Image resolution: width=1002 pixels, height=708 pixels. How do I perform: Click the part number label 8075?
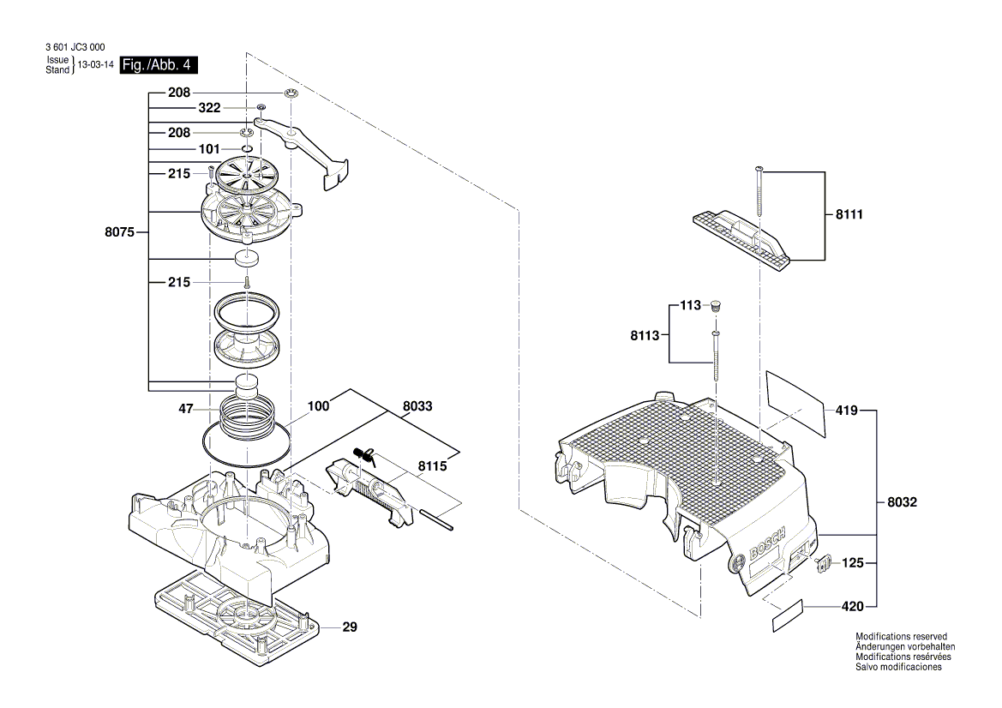coord(119,231)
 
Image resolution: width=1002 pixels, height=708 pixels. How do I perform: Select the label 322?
coord(209,108)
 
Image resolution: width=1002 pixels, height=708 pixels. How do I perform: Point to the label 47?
coord(185,411)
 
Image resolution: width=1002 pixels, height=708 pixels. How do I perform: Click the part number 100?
coord(318,405)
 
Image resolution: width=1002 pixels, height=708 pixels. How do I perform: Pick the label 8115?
coord(432,467)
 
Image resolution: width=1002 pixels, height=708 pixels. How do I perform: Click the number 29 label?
coord(349,627)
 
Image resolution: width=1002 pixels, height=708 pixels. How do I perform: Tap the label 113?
coord(690,305)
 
